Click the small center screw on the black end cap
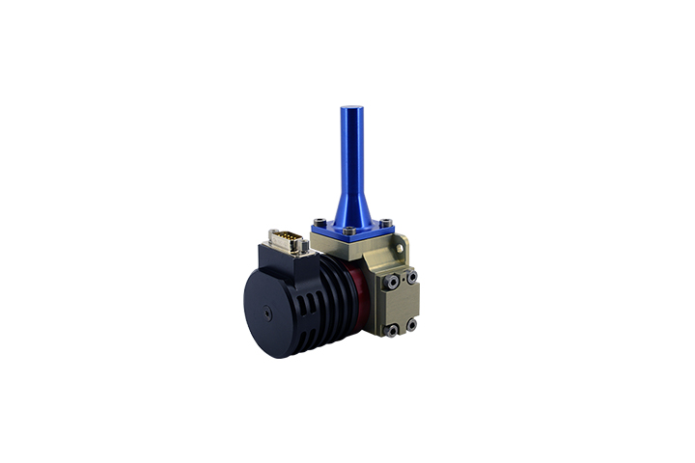click(265, 312)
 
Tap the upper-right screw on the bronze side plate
click(412, 276)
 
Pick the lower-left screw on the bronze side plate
click(393, 331)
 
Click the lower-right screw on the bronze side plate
click(411, 325)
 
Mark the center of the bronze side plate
click(402, 304)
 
